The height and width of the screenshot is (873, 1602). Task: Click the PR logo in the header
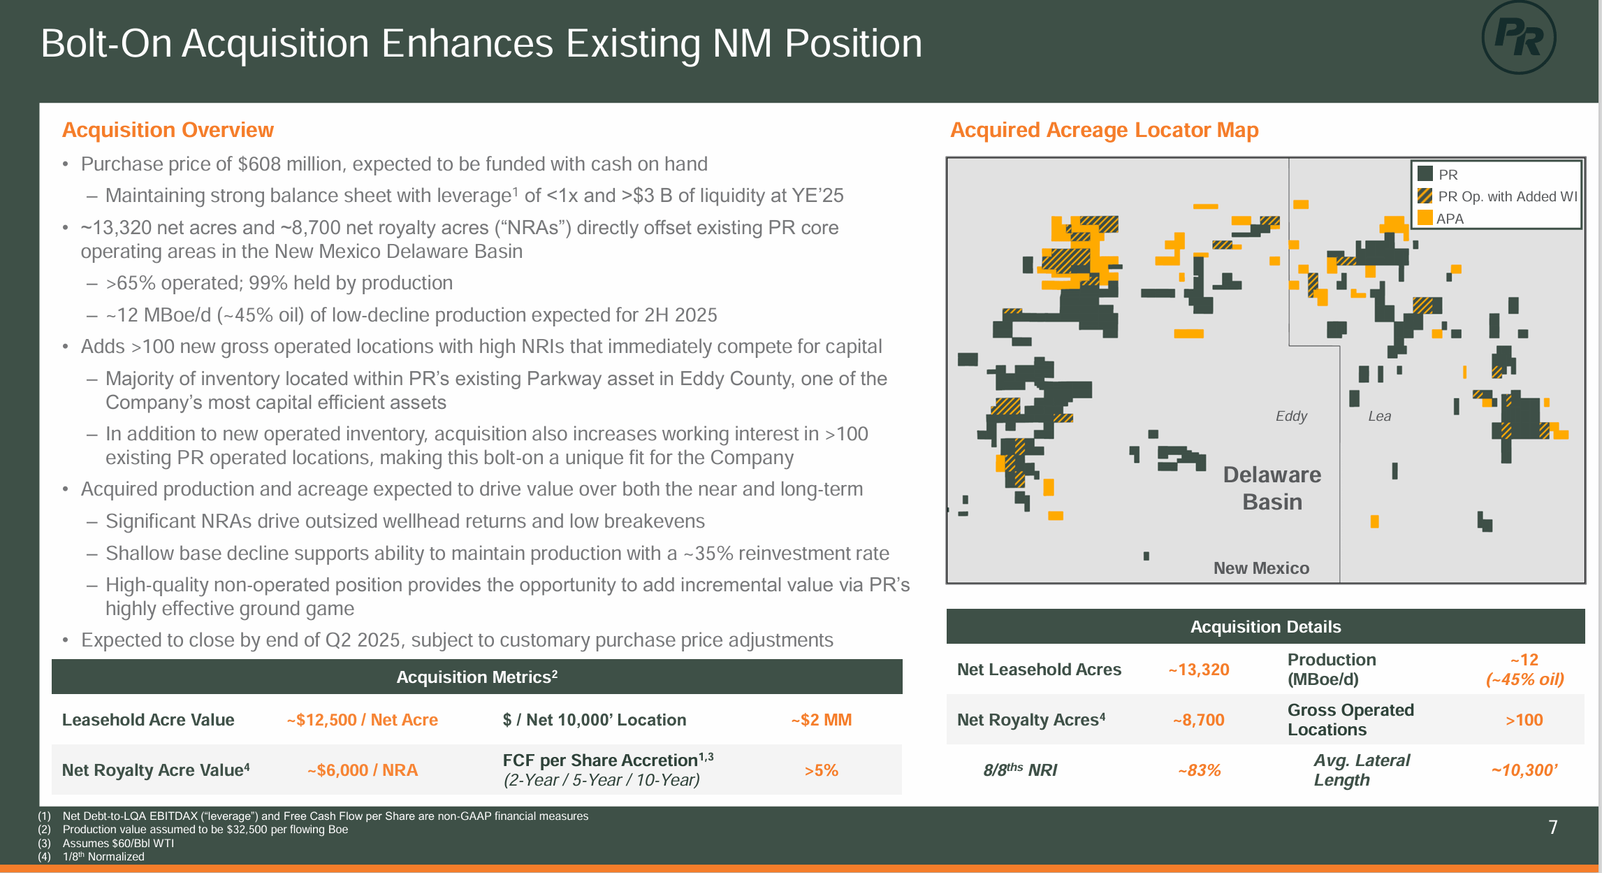pos(1518,38)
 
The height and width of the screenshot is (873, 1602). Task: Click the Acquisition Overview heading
pos(168,130)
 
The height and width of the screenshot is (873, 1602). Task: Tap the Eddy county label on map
pos(1290,416)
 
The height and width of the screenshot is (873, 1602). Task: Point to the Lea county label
pos(1379,416)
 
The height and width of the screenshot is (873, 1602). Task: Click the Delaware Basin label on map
pos(1272,488)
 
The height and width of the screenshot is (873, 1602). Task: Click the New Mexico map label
pos(1261,568)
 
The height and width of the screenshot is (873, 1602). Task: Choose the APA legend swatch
pos(1425,218)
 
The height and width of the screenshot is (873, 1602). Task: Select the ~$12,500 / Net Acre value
pos(362,720)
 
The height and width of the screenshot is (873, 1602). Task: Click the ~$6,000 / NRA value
pos(362,770)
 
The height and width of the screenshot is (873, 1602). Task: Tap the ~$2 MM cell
pos(821,720)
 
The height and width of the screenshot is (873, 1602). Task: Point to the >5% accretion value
pos(821,770)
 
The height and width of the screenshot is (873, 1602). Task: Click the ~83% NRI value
pos(1199,770)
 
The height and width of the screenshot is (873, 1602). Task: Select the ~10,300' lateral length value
pos(1524,770)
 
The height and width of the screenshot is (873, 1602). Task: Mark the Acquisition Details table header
pos(1265,626)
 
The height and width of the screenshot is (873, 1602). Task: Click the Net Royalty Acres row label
pos(1031,720)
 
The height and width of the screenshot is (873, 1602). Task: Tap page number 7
pos(1552,828)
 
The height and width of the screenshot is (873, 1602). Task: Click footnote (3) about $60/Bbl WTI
pos(117,843)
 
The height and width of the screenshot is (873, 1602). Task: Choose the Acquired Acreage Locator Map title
pos(1104,130)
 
